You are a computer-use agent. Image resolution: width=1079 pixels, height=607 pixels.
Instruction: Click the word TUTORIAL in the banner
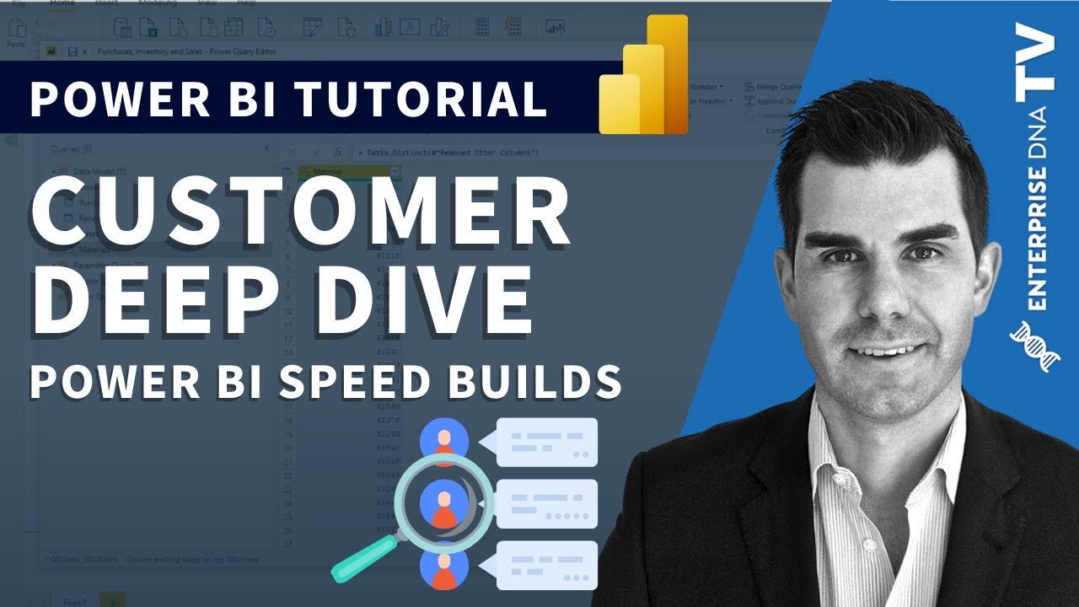coord(421,99)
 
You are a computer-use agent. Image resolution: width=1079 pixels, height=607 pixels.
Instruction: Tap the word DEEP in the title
coord(142,298)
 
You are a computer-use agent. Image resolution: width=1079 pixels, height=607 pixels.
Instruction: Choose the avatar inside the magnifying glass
coord(443,503)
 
